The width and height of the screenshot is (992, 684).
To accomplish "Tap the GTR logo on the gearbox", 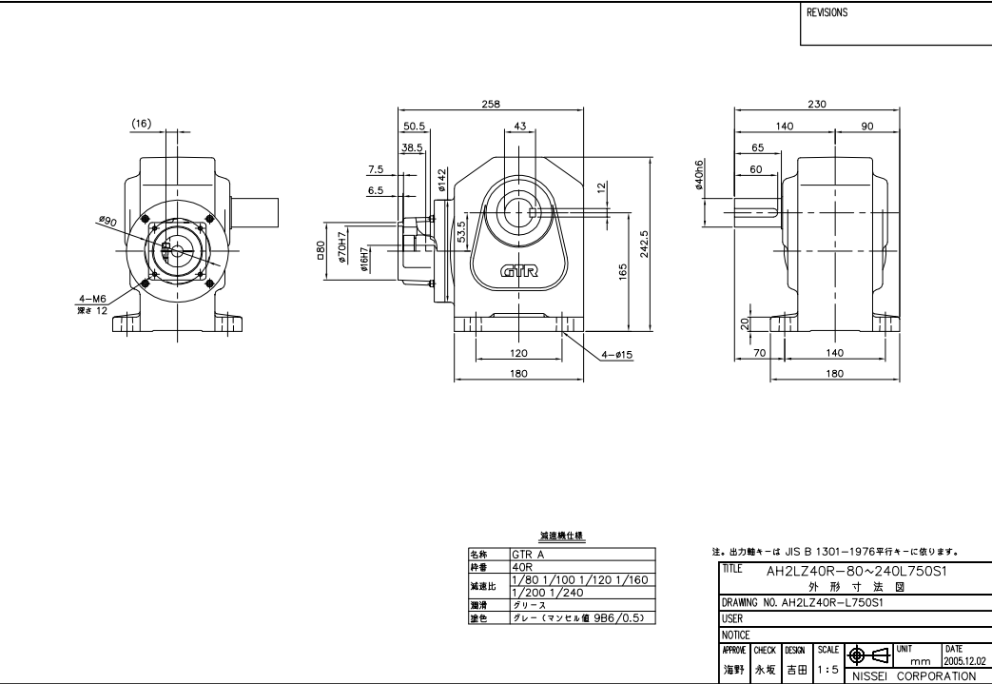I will pos(519,270).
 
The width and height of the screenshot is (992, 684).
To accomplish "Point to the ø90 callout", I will pos(107,220).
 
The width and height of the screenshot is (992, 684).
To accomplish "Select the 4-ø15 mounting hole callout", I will pos(616,356).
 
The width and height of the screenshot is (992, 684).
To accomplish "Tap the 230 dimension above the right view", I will pos(817,104).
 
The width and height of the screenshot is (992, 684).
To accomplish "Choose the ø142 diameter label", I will pos(443,180).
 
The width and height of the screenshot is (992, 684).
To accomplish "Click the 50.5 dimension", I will pos(415,126).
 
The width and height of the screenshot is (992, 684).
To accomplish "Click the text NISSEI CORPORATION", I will pos(912,676).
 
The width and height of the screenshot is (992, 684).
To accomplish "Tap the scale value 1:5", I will pos(827,670).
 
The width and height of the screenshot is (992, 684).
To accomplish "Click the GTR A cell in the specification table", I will pos(529,553).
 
